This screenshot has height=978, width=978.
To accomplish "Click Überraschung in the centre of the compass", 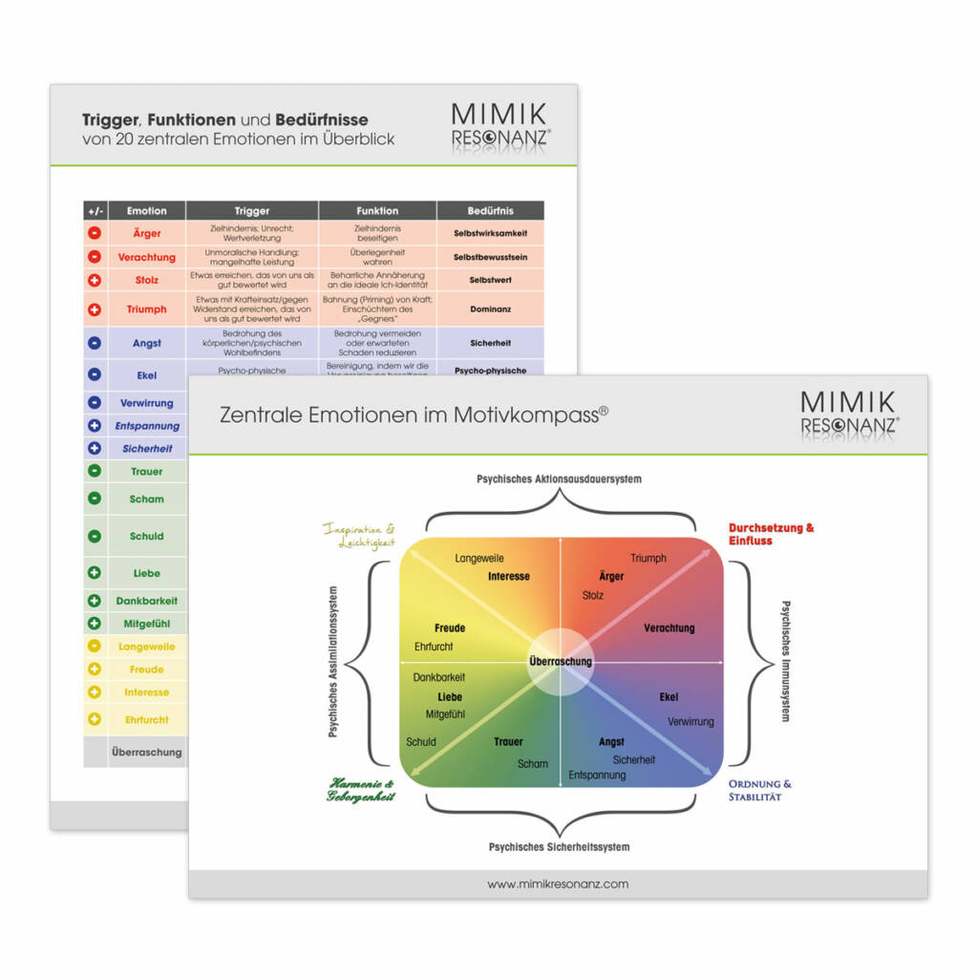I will tap(561, 661).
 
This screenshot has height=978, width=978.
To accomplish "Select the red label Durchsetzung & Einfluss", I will tap(772, 534).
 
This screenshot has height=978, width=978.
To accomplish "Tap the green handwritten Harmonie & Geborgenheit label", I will tap(361, 789).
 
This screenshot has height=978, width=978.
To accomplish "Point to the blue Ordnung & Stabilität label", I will tap(759, 790).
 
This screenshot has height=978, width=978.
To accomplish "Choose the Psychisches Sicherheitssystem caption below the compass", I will tap(559, 846).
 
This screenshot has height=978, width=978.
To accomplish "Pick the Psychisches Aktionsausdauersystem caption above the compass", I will tap(559, 478).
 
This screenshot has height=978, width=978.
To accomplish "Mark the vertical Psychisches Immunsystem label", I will tap(785, 661).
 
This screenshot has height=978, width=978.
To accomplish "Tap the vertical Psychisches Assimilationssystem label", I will tap(332, 661).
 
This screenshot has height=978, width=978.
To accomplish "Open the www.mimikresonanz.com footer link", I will tap(558, 884).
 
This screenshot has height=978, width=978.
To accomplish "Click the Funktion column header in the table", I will tap(377, 211).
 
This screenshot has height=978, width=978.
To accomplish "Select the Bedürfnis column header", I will tap(491, 211).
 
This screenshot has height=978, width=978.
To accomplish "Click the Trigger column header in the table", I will tap(252, 211).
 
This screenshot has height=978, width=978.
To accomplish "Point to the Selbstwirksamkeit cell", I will tap(491, 233).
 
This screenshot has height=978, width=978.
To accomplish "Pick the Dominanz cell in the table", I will tap(491, 309).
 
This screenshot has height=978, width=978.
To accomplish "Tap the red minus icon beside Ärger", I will tap(95, 233).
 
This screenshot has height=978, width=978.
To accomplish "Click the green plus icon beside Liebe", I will tap(95, 573).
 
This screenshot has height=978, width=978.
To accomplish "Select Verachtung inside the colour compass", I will tap(669, 628).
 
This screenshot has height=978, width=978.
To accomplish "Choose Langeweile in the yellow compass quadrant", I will tap(479, 558).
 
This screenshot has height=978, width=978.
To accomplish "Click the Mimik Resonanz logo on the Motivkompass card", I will tap(849, 412).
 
